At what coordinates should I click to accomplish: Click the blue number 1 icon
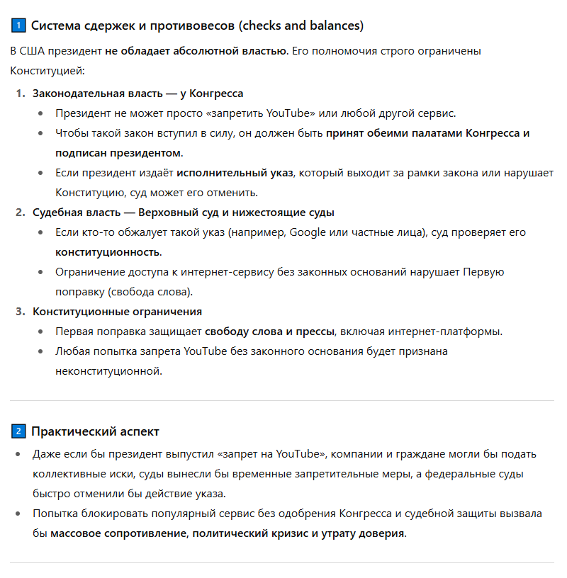18,26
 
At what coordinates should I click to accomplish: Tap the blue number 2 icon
18,431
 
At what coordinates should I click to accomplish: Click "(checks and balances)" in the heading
301,26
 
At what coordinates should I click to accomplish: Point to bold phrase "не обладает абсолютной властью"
196,52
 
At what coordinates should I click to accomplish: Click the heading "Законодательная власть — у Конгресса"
137,93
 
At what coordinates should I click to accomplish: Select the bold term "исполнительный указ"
235,173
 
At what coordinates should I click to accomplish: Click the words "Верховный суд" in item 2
175,212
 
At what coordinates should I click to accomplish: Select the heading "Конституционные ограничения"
117,312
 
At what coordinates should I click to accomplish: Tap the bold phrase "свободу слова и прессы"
271,331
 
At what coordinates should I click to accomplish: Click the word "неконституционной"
108,371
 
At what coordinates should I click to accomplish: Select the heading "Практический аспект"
95,431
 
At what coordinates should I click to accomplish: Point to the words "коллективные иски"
79,474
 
